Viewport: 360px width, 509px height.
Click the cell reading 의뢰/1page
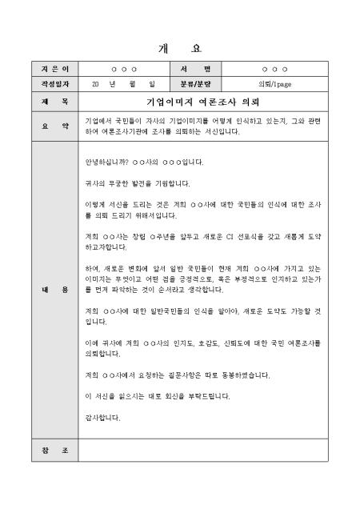[x=274, y=83]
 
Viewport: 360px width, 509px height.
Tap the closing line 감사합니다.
[x=102, y=417]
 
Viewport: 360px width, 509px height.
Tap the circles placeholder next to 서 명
[x=274, y=70]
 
